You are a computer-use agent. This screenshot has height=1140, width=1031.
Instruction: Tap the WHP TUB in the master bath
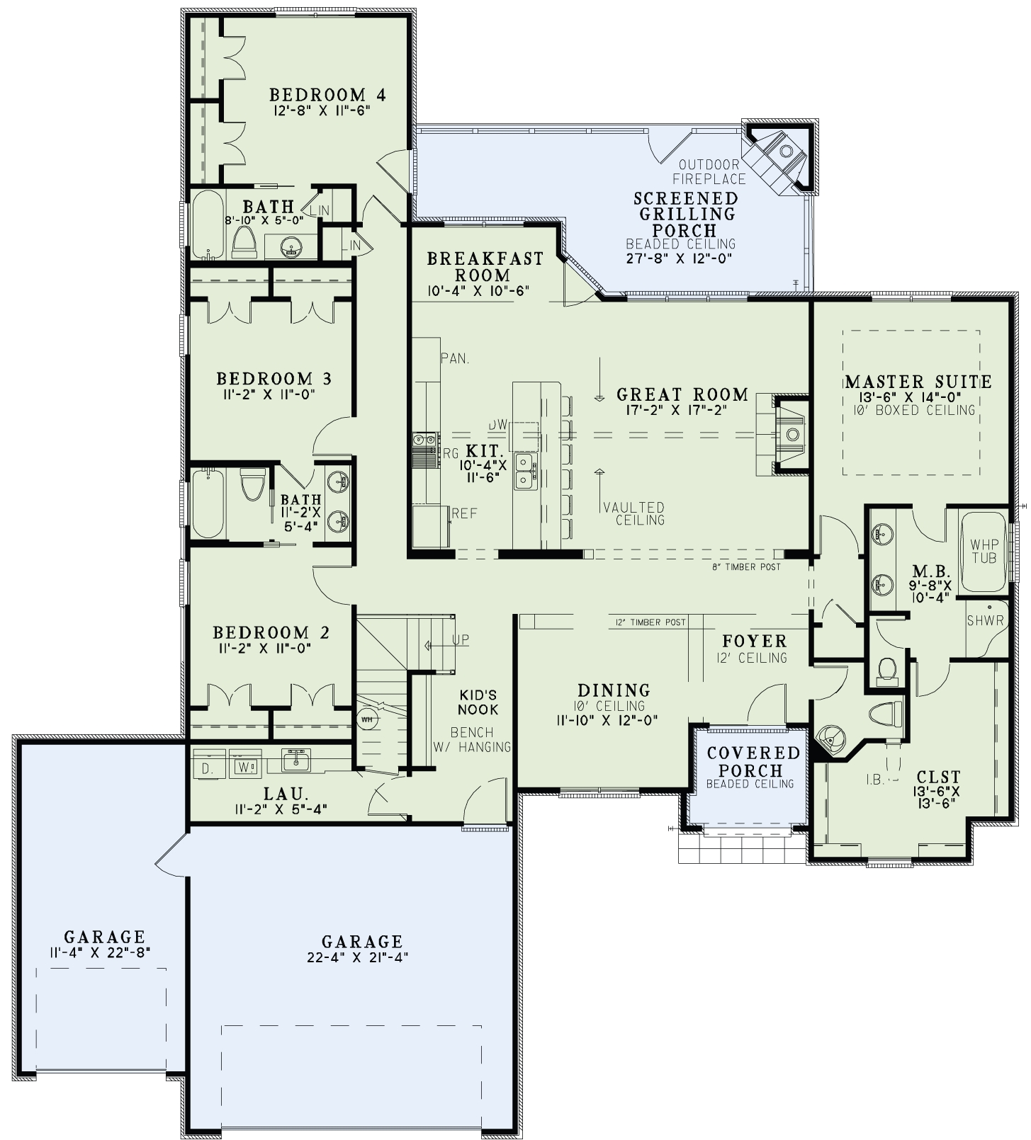click(984, 551)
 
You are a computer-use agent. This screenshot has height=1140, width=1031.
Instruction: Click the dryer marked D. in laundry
click(206, 768)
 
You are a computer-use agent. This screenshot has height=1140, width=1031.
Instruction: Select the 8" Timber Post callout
click(746, 566)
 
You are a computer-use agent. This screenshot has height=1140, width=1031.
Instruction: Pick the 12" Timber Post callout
click(650, 622)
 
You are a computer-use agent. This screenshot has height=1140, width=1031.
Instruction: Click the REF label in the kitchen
click(464, 513)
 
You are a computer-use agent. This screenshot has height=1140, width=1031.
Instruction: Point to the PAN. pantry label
click(454, 359)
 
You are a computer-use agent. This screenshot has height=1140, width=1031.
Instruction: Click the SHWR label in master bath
click(985, 621)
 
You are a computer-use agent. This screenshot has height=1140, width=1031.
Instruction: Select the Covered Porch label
click(753, 762)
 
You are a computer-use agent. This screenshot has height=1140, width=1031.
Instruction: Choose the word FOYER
click(754, 642)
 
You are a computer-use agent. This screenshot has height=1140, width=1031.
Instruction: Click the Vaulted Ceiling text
click(633, 513)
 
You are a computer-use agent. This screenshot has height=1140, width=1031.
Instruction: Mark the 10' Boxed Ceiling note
click(916, 410)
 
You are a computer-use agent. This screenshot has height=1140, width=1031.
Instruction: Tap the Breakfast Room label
click(485, 267)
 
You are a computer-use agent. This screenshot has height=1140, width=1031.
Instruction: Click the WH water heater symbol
click(367, 719)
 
